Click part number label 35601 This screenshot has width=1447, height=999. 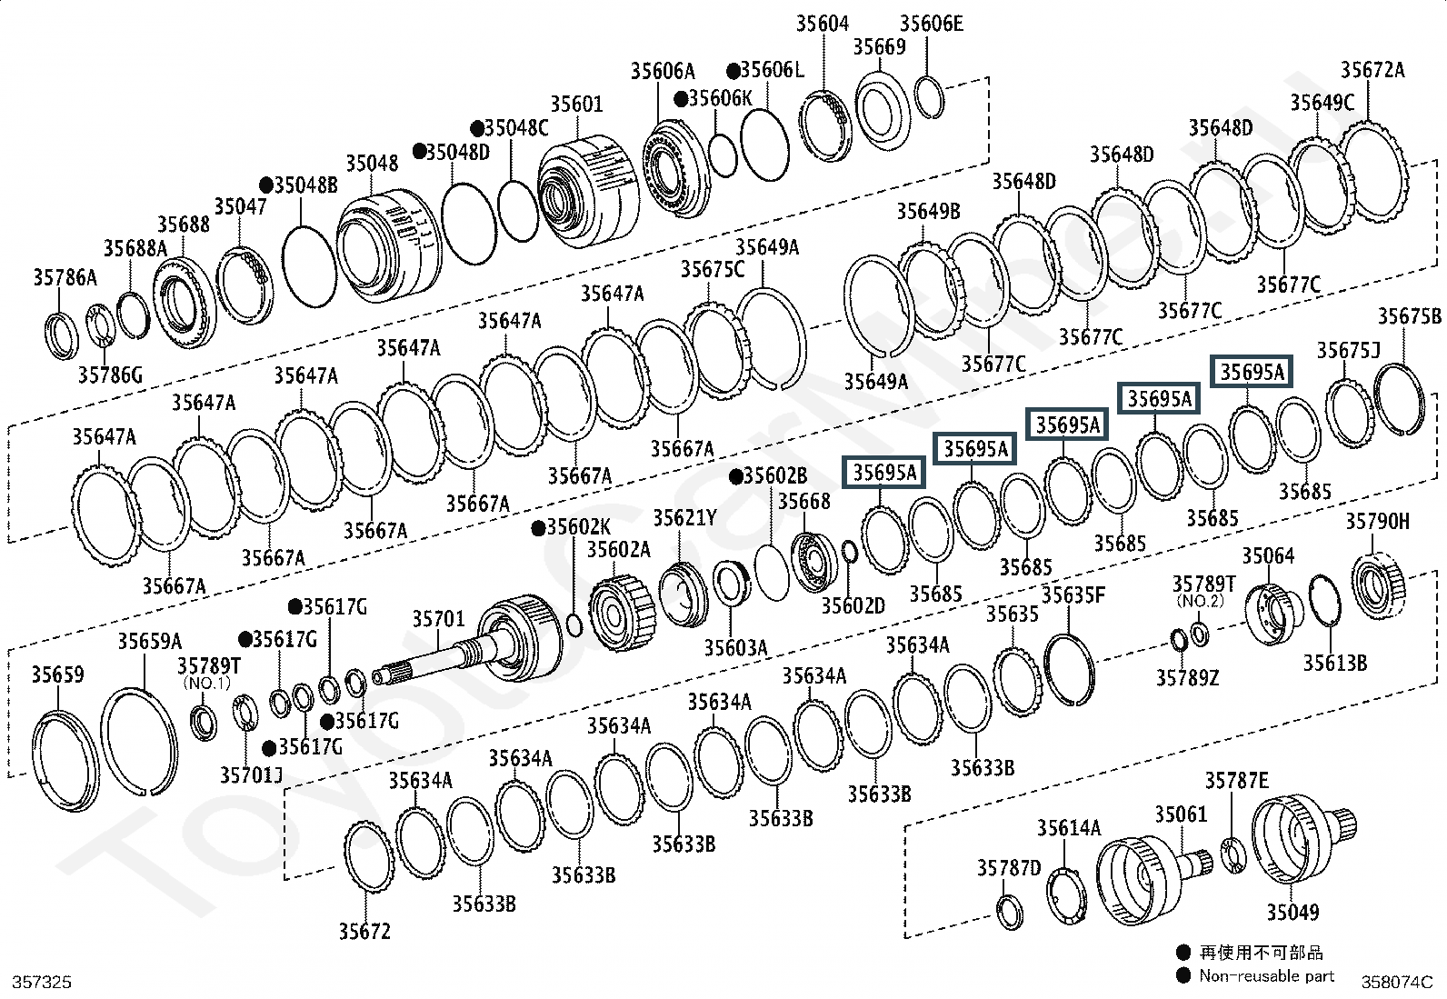coord(576,105)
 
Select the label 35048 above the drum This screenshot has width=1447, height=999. coord(372,164)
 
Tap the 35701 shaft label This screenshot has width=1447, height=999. coord(438,619)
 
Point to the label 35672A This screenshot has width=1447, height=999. coord(1372,70)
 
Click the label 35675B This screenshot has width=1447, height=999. coord(1409,316)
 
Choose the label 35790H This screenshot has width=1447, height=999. coord(1377,521)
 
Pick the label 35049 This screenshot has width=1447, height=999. coord(1292,911)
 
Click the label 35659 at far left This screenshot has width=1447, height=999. coord(57,674)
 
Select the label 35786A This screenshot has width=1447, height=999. coord(65,277)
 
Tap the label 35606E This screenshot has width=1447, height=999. coord(931,24)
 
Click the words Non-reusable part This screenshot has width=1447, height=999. coord(1266,976)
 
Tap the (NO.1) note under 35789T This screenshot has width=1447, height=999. coord(208,682)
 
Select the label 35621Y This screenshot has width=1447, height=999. coord(684,518)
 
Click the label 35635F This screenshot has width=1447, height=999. coord(1073,595)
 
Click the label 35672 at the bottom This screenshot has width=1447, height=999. coord(364,931)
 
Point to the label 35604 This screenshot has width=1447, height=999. coord(822,24)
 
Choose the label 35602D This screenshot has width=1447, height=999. coord(853,604)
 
